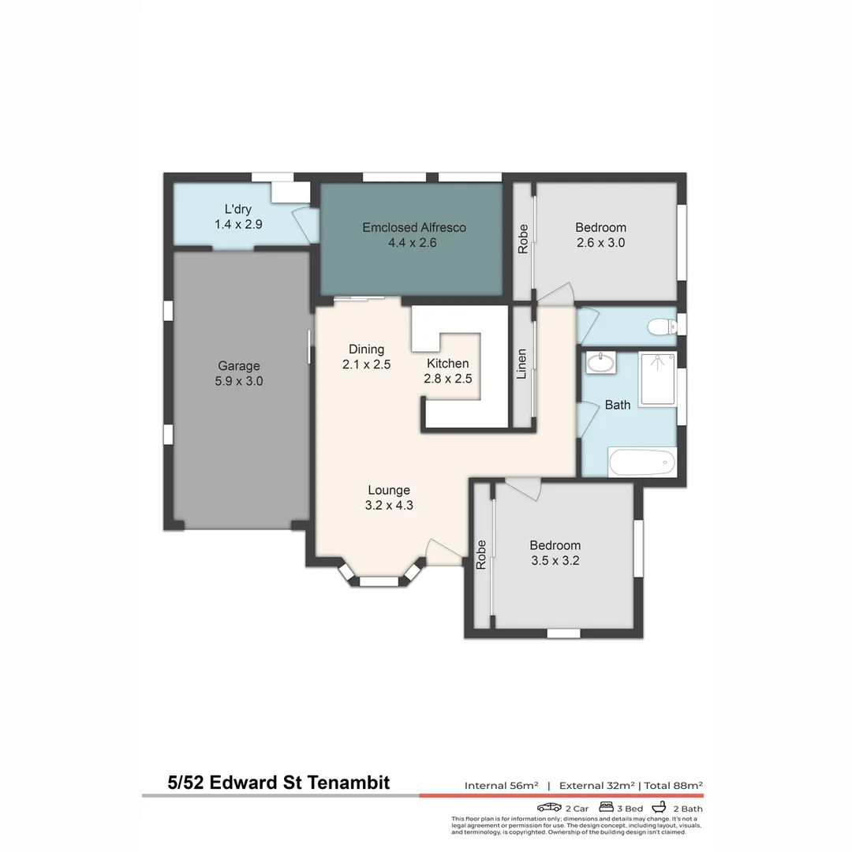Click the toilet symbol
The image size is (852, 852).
pyautogui.click(x=660, y=326)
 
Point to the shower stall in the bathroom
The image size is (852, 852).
pyautogui.click(x=657, y=379)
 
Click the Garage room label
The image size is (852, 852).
pyautogui.click(x=238, y=366)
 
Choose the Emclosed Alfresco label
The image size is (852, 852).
pyautogui.click(x=413, y=227)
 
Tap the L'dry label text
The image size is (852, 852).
pyautogui.click(x=237, y=210)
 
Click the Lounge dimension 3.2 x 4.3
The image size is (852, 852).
pyautogui.click(x=389, y=506)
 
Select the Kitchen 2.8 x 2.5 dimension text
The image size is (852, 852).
pyautogui.click(x=448, y=379)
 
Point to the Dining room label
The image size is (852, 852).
pyautogui.click(x=366, y=349)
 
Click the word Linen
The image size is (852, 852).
pyautogui.click(x=521, y=364)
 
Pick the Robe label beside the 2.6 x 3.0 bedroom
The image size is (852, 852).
pyautogui.click(x=522, y=239)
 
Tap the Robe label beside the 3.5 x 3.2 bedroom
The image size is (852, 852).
pyautogui.click(x=480, y=555)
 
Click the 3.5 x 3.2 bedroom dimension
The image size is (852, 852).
pyautogui.click(x=555, y=561)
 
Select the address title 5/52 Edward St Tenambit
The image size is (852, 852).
pyautogui.click(x=278, y=783)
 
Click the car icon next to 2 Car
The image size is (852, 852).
pyautogui.click(x=549, y=808)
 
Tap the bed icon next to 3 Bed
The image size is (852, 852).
pyautogui.click(x=607, y=808)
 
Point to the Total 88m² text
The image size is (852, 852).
pyautogui.click(x=674, y=785)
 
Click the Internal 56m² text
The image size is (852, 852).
pyautogui.click(x=501, y=785)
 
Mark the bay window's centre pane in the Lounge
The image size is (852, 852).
pyautogui.click(x=379, y=582)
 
